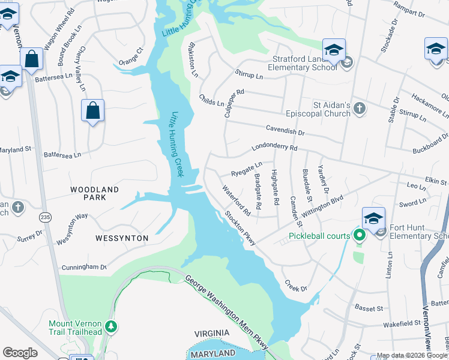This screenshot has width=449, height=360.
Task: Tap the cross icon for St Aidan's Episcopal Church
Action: pyautogui.click(x=359, y=109)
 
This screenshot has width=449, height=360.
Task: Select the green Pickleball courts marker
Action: pyautogui.click(x=360, y=235)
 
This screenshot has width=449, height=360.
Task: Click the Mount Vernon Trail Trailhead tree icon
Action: pyautogui.click(x=110, y=326)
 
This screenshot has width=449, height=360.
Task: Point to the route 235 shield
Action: pyautogui.click(x=45, y=215)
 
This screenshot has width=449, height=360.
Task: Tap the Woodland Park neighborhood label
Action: pyautogui.click(x=95, y=193)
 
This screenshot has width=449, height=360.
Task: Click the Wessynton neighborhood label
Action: pyautogui.click(x=122, y=238)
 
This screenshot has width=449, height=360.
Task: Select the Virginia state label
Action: pyautogui.click(x=212, y=333)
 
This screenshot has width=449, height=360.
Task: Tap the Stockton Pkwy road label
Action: pyautogui.click(x=241, y=228)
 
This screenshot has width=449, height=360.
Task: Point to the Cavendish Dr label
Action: pyautogui.click(x=286, y=130)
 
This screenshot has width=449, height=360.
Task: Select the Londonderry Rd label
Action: pyautogui.click(x=274, y=147)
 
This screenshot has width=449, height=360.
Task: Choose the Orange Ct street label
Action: pyautogui.click(x=131, y=56)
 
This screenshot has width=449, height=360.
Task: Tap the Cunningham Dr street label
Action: pyautogui.click(x=83, y=267)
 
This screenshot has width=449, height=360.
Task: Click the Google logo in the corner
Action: pyautogui.click(x=20, y=353)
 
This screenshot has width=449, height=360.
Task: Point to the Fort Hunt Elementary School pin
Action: pyautogui.click(x=373, y=219)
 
